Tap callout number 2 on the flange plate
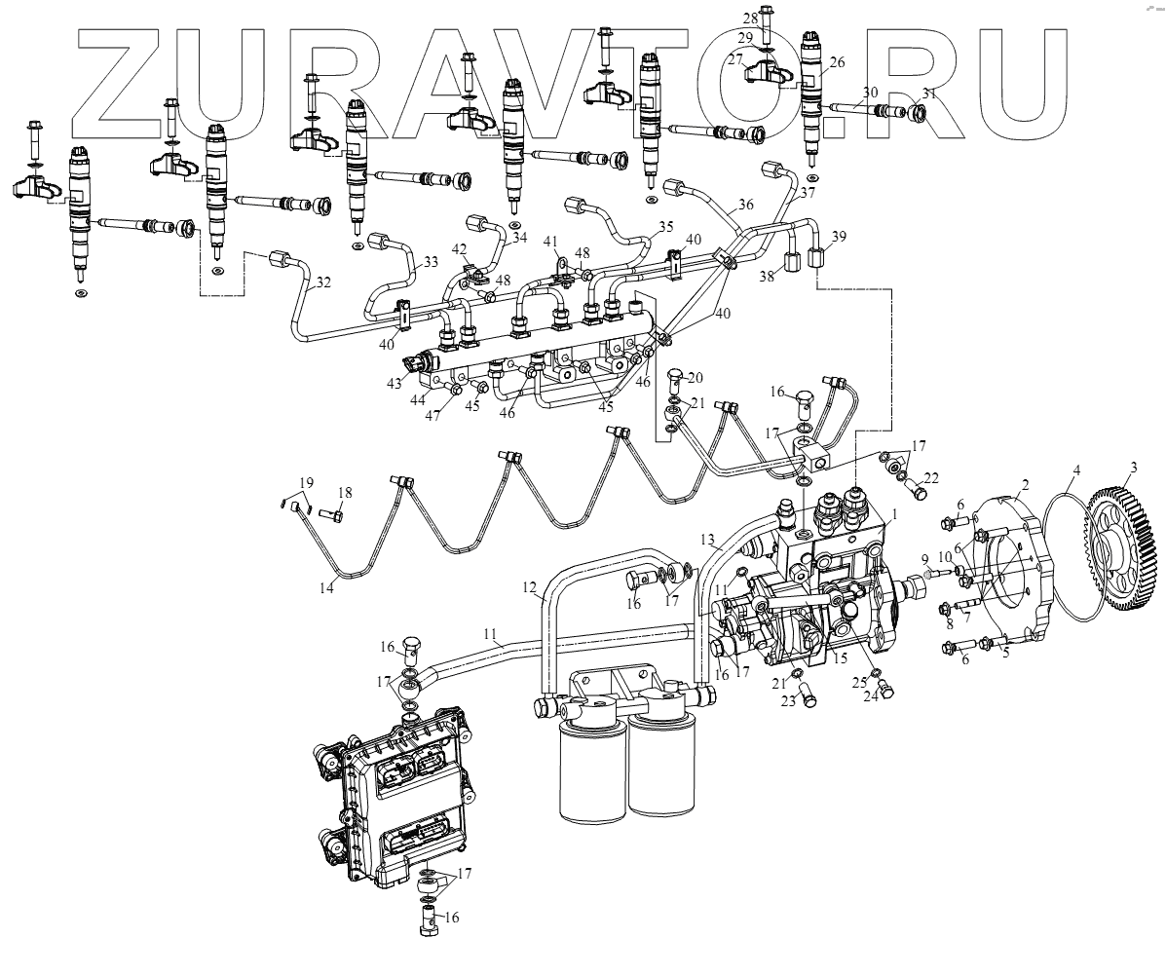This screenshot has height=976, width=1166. tap(1026, 483)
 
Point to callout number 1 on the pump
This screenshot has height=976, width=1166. tap(895, 512)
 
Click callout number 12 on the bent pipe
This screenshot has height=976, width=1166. tap(529, 587)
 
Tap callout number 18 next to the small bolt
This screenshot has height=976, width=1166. tap(344, 492)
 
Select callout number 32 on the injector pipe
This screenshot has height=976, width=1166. tap(323, 283)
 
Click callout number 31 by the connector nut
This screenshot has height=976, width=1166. tap(928, 94)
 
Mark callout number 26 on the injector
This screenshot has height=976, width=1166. tap(837, 62)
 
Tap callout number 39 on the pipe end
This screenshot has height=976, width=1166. tap(839, 237)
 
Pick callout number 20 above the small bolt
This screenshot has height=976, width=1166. tap(695, 377)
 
